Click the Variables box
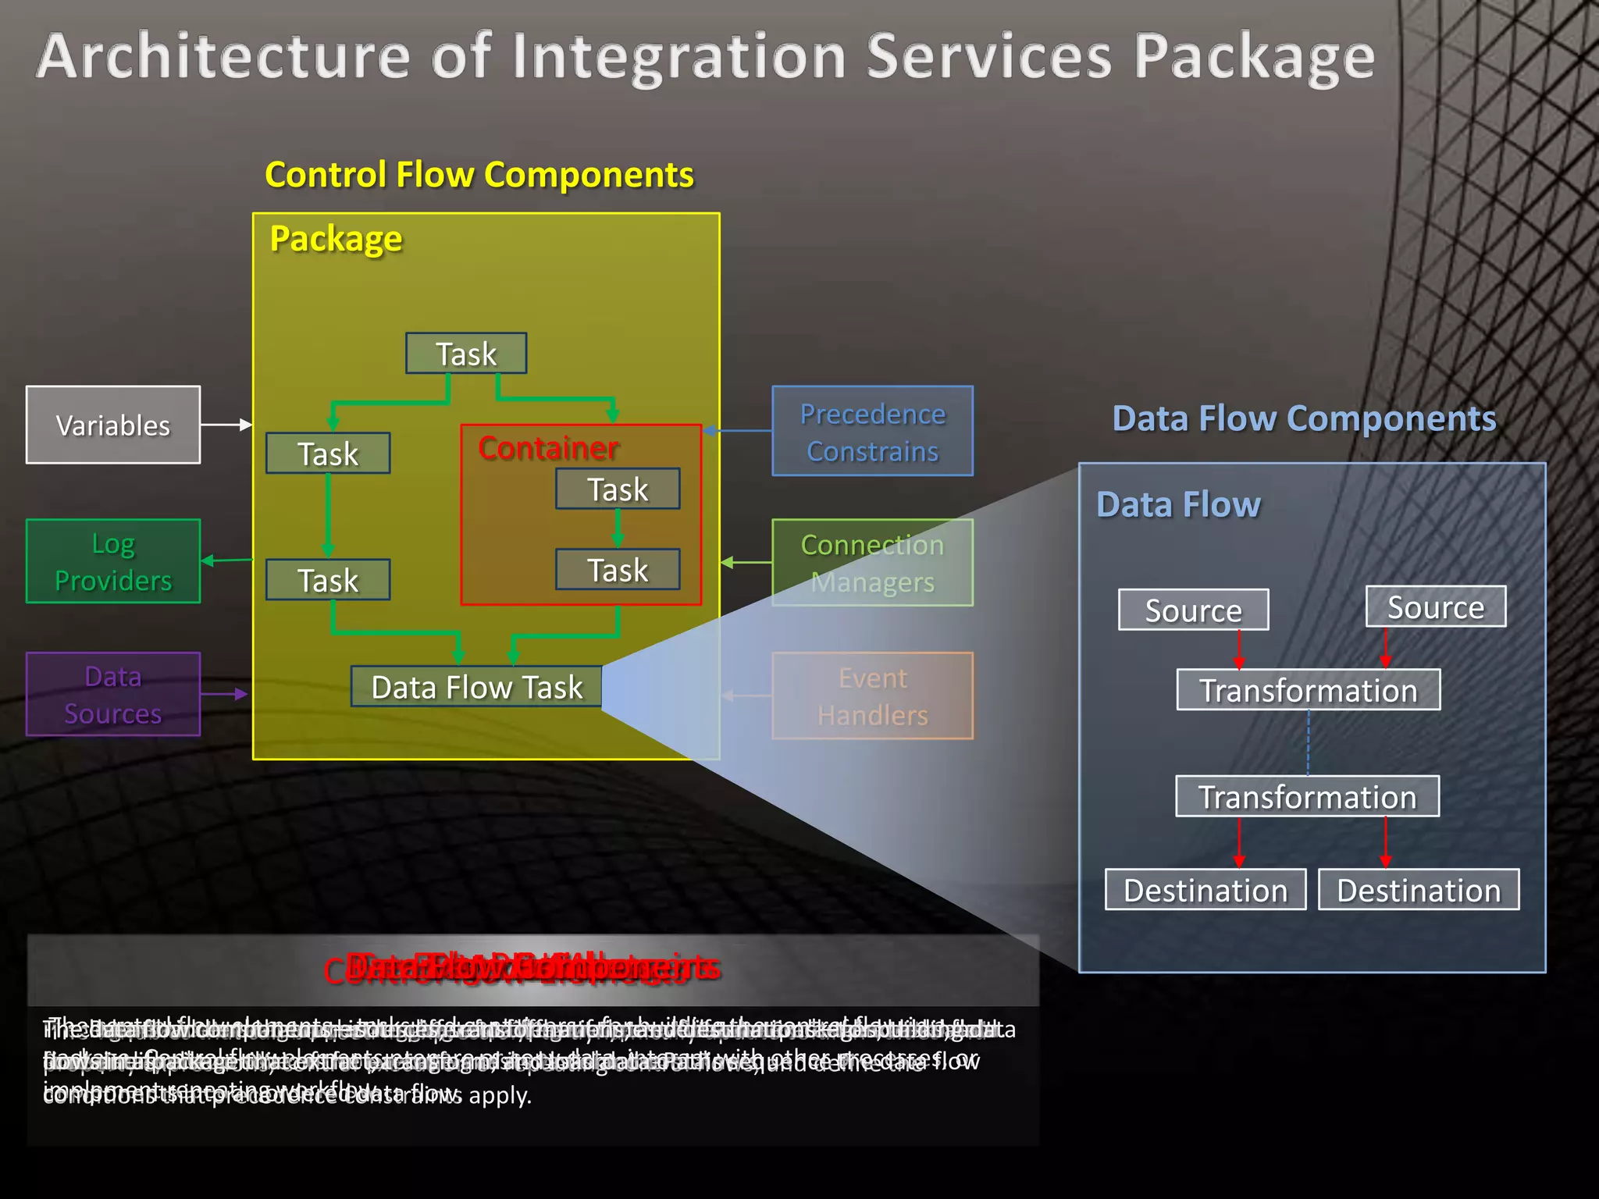pos(113,425)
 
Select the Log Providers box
pos(113,561)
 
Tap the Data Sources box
pos(113,694)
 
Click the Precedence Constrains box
pos(872,431)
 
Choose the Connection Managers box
pos(872,563)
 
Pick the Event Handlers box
pos(872,696)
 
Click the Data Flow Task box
pos(476,687)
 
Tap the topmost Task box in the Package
pos(466,354)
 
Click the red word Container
pos(548,448)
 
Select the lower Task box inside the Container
pos(618,570)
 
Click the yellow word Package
pos(336,238)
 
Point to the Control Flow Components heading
pos(479,174)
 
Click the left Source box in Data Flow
pos(1193,610)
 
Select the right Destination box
pos(1419,890)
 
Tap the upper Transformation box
pos(1309,690)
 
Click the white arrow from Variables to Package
pos(226,425)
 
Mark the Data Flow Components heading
pos(1304,418)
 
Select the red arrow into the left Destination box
pos(1239,843)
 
